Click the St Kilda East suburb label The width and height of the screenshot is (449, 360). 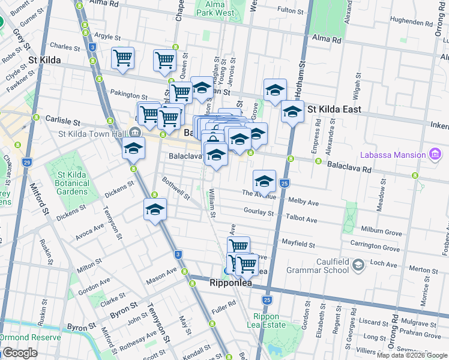[x=334, y=110]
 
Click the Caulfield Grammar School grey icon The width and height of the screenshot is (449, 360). [x=358, y=265]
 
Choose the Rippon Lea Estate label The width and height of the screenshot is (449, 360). [x=267, y=321]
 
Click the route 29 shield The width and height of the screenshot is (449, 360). [x=26, y=163]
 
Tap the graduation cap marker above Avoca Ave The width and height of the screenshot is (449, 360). [x=155, y=209]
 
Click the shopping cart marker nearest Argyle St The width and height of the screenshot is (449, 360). [x=122, y=58]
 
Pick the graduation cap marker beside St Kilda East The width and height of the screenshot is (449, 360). [x=292, y=112]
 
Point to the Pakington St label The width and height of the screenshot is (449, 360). [x=129, y=95]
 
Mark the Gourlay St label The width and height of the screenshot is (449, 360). [x=259, y=211]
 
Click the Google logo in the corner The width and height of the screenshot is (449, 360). [x=20, y=353]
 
